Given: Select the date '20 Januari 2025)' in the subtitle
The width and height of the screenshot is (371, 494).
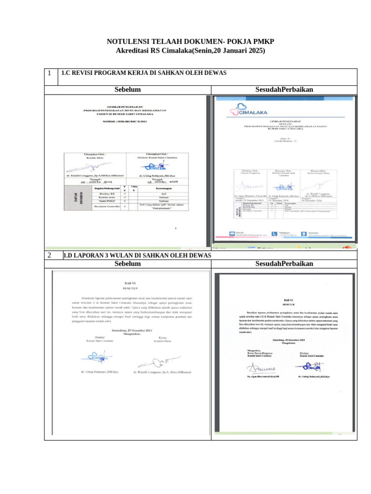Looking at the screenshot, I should click(239, 51).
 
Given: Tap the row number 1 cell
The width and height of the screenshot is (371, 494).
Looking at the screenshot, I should click(50, 73).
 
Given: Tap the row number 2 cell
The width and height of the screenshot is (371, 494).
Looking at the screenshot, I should click(50, 255).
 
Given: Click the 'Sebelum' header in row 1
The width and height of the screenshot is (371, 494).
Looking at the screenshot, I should click(128, 90).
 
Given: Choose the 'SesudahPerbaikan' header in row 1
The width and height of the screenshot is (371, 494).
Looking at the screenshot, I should click(284, 90).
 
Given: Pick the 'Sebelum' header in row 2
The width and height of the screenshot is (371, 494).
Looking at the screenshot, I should click(128, 263).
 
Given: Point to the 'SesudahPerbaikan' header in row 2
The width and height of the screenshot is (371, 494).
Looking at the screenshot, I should click(284, 263).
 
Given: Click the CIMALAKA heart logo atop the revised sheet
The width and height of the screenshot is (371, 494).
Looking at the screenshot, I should click(246, 110).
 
